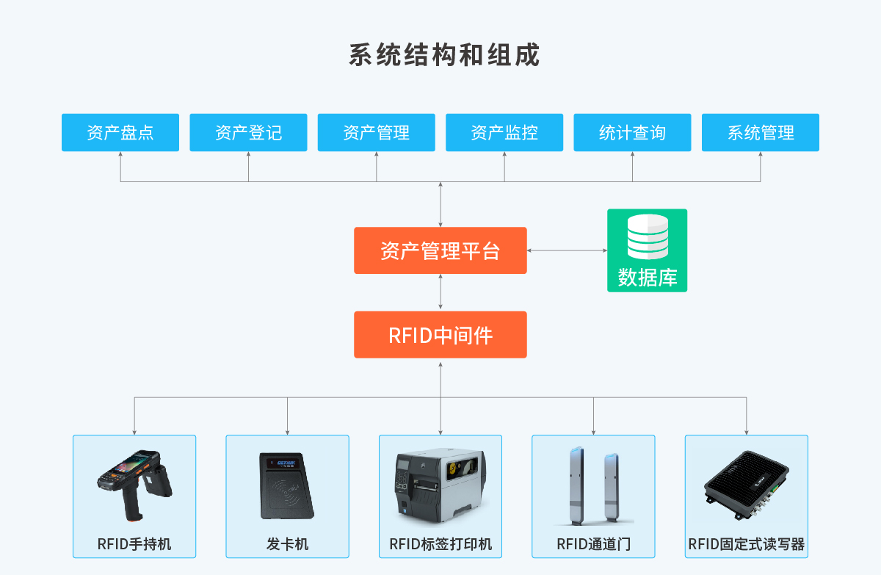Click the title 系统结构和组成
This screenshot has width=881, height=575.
pyautogui.click(x=444, y=55)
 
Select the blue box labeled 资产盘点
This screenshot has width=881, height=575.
pyautogui.click(x=120, y=132)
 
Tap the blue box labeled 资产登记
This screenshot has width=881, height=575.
pyautogui.click(x=248, y=132)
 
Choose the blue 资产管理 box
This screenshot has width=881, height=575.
pyautogui.click(x=377, y=132)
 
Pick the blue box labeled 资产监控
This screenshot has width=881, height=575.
pyautogui.click(x=504, y=132)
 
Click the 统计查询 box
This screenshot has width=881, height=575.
pyautogui.click(x=632, y=132)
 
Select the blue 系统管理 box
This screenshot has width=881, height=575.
pyautogui.click(x=761, y=132)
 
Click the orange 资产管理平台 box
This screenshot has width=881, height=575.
pyautogui.click(x=440, y=250)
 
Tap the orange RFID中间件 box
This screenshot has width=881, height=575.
pyautogui.click(x=440, y=335)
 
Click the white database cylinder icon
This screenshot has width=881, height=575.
pyautogui.click(x=648, y=236)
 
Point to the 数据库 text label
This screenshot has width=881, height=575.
pyautogui.click(x=648, y=278)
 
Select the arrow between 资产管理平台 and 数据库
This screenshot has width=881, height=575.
pyautogui.click(x=567, y=250)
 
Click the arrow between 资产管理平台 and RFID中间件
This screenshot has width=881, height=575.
pyautogui.click(x=440, y=292)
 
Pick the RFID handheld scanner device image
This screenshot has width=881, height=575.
pyautogui.click(x=134, y=485)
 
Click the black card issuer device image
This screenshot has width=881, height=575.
pyautogui.click(x=287, y=486)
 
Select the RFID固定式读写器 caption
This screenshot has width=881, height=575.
pyautogui.click(x=746, y=544)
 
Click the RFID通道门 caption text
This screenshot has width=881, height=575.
pyautogui.click(x=593, y=544)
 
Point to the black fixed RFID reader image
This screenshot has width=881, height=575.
pyautogui.click(x=747, y=485)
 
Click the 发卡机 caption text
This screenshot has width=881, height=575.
pyautogui.click(x=287, y=544)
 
